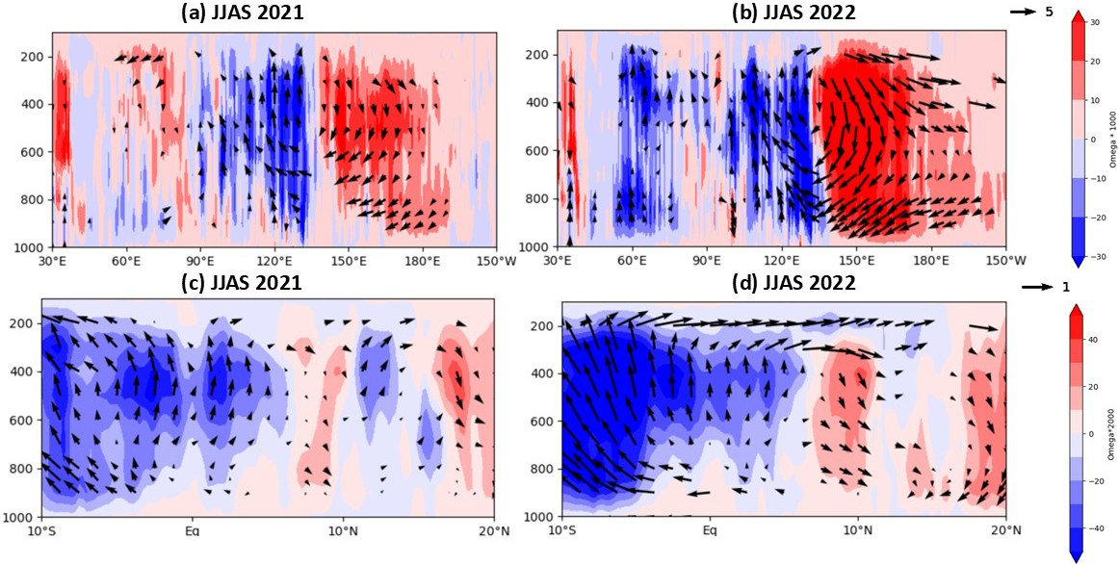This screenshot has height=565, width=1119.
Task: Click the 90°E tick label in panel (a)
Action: (x=200, y=260)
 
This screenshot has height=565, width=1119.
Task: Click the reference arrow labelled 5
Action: (x=1022, y=12)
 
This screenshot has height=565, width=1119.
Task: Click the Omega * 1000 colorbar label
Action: (x=1111, y=139)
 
